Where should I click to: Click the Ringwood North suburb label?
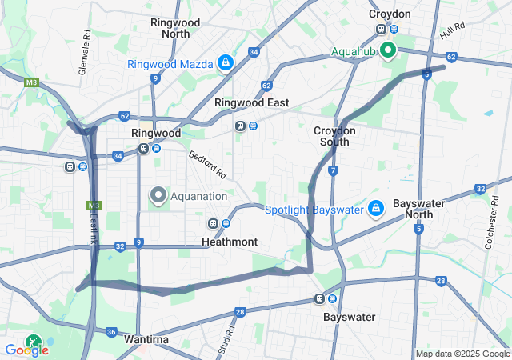(175, 28)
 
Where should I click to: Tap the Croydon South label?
(335, 136)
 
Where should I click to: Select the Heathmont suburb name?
(230, 241)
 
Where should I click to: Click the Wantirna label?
(146, 339)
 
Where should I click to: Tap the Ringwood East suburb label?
(251, 103)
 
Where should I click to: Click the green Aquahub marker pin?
(389, 51)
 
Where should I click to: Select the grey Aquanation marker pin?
(158, 194)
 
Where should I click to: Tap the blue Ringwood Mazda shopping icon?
(226, 63)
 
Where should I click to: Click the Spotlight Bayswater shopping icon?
(376, 209)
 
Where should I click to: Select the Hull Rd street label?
(452, 32)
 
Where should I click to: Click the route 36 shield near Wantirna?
(111, 332)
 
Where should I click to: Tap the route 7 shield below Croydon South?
(332, 170)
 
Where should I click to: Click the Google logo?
(27, 350)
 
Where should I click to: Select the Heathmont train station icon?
(213, 223)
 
